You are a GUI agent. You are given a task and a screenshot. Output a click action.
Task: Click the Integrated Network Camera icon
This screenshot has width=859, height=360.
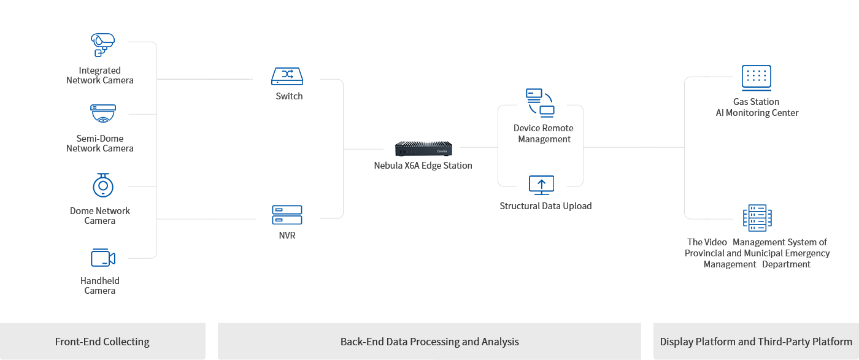click(x=102, y=45)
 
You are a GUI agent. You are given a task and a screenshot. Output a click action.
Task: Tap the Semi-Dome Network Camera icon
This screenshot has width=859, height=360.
click(x=102, y=113)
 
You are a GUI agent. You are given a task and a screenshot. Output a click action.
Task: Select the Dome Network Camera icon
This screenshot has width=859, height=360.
click(x=103, y=185)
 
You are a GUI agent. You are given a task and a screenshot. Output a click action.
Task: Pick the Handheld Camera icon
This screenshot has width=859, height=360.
click(x=102, y=258)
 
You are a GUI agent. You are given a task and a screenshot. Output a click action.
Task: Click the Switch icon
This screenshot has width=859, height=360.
click(x=287, y=76)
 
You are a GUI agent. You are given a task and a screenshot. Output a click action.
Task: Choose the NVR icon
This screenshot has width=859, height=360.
click(x=287, y=215)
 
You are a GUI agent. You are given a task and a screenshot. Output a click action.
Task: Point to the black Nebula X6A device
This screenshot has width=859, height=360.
click(x=423, y=148)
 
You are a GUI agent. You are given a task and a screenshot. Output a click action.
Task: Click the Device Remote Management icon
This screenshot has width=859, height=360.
click(x=540, y=102)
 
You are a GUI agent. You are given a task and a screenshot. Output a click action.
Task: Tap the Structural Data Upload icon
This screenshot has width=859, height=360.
click(x=541, y=185)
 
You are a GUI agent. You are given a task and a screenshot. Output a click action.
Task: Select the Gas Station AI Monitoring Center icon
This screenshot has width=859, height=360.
click(x=756, y=77)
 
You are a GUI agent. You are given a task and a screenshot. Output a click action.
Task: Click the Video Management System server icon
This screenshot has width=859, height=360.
click(x=757, y=218)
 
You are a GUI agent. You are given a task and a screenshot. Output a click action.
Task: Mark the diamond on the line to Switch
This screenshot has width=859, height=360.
click(x=212, y=79)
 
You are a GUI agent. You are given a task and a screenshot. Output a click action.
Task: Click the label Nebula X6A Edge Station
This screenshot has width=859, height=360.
click(x=423, y=166)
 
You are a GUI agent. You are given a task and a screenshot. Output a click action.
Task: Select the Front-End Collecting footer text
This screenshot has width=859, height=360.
click(x=102, y=342)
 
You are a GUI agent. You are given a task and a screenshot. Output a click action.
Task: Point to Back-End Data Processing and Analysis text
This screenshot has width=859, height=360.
click(x=429, y=342)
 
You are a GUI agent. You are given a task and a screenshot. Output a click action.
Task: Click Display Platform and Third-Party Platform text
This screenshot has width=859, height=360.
click(x=756, y=342)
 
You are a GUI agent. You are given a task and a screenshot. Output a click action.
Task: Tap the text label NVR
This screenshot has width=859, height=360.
click(x=287, y=236)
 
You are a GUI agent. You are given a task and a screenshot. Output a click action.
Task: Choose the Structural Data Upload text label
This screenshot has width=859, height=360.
click(x=545, y=206)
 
